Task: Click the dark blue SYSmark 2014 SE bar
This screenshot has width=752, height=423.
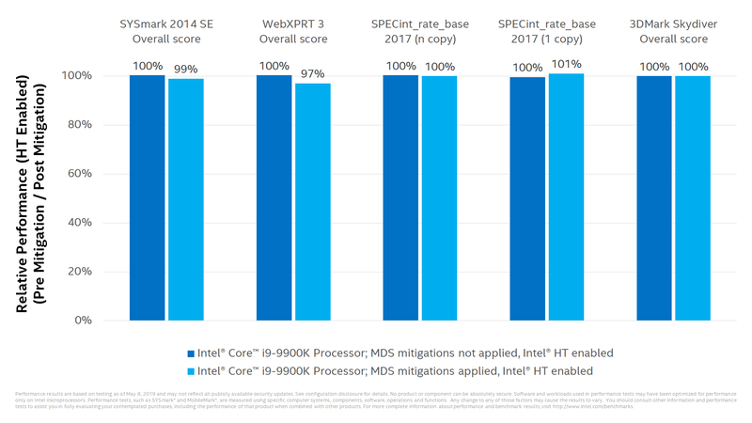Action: [147, 197]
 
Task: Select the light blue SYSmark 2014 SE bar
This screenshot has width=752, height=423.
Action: [185, 199]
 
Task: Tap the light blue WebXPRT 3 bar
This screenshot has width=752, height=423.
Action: [312, 201]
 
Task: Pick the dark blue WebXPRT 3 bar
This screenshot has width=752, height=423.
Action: [274, 197]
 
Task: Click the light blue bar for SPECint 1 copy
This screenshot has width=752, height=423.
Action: [566, 196]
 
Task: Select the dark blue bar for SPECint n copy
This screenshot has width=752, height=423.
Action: [400, 197]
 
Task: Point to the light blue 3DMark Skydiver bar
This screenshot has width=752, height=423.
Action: [693, 197]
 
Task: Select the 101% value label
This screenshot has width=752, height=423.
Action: [567, 65]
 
